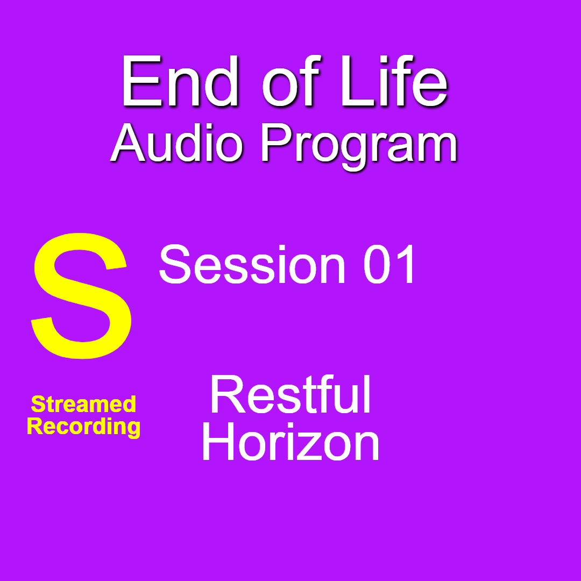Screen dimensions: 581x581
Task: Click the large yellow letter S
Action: click(x=82, y=296)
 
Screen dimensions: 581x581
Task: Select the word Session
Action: click(x=252, y=264)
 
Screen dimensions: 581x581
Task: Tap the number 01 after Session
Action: click(x=388, y=264)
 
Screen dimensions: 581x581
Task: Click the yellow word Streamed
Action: click(x=83, y=404)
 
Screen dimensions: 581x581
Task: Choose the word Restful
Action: click(x=290, y=394)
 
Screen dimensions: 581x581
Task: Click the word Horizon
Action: click(x=290, y=442)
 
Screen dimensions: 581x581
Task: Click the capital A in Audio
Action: click(x=128, y=143)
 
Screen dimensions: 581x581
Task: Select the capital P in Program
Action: click(x=277, y=143)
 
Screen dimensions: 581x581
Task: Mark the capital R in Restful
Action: click(x=228, y=394)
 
